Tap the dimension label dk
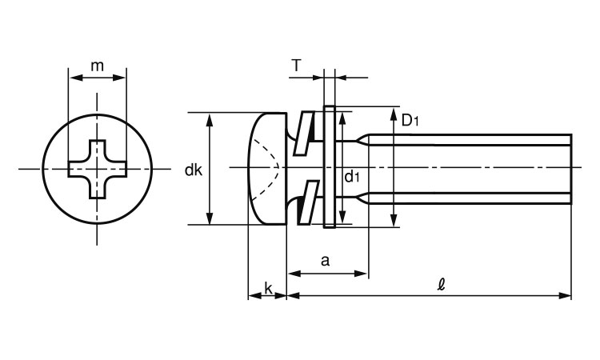point(193,170)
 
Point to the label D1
point(410,121)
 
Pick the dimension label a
point(325,260)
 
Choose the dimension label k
point(267,286)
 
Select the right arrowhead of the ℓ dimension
point(567,296)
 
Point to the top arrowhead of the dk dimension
point(210,118)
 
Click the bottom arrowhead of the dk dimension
point(210,220)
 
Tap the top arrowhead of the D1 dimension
point(394,113)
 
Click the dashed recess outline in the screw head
point(269,169)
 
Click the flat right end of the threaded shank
point(571,169)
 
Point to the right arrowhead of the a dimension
point(363,274)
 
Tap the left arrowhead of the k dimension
point(252,296)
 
